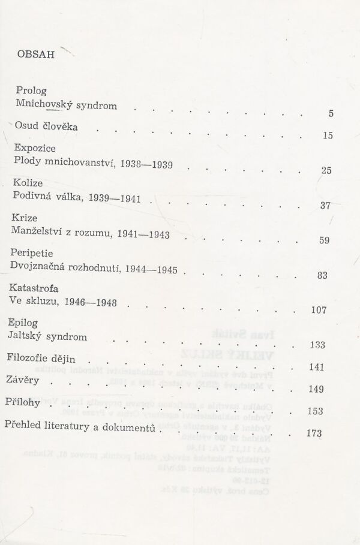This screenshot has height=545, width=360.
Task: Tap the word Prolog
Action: [x=32, y=91]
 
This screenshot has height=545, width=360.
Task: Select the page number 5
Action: [x=331, y=114]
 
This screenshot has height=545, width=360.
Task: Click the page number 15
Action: [x=328, y=136]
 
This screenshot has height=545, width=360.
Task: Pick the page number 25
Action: [x=326, y=170]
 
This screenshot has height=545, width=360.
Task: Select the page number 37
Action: [x=326, y=206]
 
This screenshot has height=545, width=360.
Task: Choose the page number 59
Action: [x=325, y=241]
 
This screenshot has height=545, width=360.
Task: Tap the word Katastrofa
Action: [x=38, y=288]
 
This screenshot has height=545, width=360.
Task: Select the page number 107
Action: [x=319, y=310]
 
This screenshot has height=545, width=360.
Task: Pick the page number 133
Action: [x=317, y=345]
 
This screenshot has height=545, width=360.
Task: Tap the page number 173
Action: [x=314, y=433]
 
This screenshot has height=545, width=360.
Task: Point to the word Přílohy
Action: [x=27, y=402]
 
